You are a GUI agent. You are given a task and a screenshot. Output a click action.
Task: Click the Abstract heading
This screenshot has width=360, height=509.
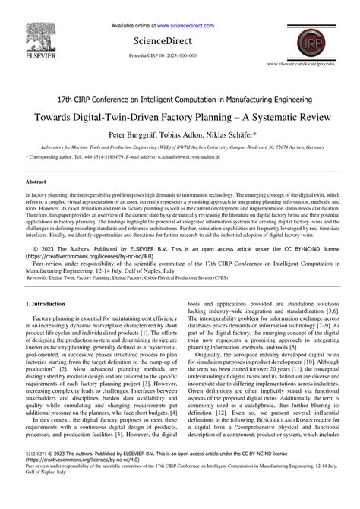(36, 182)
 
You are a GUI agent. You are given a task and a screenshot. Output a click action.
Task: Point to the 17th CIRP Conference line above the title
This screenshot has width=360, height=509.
(179, 100)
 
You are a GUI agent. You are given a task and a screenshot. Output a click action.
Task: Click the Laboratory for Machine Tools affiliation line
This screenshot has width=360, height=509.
(179, 147)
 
